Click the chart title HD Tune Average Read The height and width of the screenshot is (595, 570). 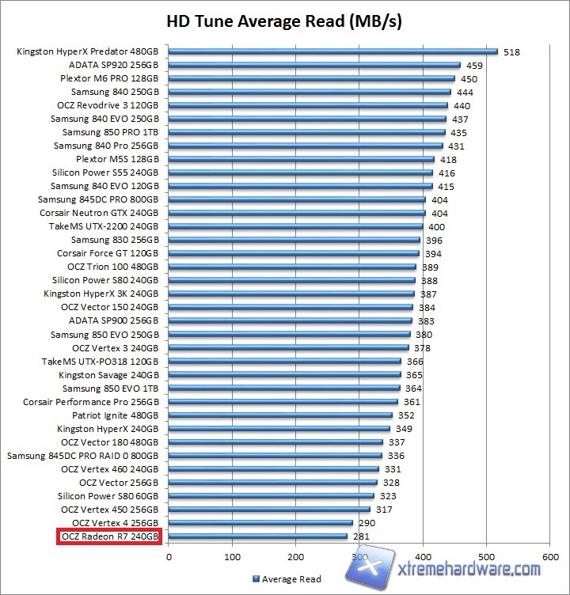(284, 21)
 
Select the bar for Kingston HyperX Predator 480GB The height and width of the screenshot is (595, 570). (332, 52)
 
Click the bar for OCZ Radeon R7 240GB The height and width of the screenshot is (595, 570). (258, 536)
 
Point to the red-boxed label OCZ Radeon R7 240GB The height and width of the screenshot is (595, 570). (109, 536)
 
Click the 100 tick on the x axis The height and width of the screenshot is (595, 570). (233, 558)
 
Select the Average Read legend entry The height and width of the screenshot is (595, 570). (287, 579)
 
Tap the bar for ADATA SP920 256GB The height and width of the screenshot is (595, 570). (314, 66)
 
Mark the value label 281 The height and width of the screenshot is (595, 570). (362, 536)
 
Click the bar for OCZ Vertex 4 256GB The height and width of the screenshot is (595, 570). (260, 523)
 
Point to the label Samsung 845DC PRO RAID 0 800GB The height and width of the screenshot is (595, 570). (83, 456)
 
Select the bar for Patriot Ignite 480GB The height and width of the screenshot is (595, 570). (280, 415)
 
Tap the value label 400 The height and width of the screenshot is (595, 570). (436, 227)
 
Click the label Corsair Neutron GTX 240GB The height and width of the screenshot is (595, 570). (99, 214)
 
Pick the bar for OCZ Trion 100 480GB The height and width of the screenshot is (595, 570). (292, 267)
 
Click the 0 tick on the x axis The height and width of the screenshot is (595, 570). (169, 558)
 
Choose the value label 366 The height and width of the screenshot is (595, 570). (415, 361)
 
